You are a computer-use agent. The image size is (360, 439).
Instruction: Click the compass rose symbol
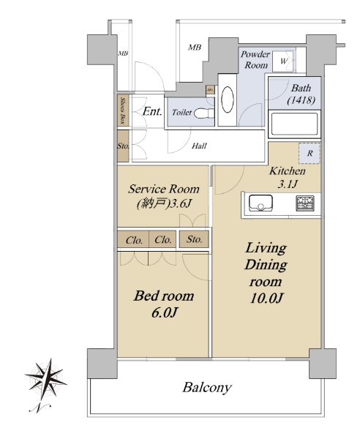[x=46, y=379]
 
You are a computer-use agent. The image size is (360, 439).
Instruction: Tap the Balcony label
[x=207, y=388]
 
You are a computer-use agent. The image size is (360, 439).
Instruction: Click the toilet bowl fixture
[x=204, y=113]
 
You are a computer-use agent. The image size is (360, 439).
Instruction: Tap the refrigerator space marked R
[x=309, y=153]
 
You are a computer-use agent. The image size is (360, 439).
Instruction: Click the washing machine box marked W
[x=284, y=61]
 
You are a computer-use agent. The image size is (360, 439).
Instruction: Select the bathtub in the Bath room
[x=294, y=124]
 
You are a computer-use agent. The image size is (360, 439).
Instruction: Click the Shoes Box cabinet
[x=123, y=110]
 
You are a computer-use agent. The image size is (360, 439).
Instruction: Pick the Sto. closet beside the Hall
[x=123, y=146]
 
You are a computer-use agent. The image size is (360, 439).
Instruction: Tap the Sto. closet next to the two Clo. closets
[x=194, y=239]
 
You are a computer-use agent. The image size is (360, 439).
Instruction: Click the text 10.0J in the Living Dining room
[x=267, y=299]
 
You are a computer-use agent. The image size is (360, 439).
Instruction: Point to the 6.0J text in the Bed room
[x=165, y=312]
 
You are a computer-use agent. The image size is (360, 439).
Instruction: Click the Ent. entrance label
[x=152, y=112]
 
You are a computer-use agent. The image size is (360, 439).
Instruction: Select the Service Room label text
[x=164, y=190]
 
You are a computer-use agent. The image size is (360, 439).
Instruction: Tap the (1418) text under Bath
[x=301, y=100]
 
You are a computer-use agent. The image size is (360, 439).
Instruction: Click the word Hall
[x=199, y=146]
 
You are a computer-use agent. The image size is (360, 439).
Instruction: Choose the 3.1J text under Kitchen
[x=288, y=184]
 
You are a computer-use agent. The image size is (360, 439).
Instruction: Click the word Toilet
[x=181, y=113]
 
